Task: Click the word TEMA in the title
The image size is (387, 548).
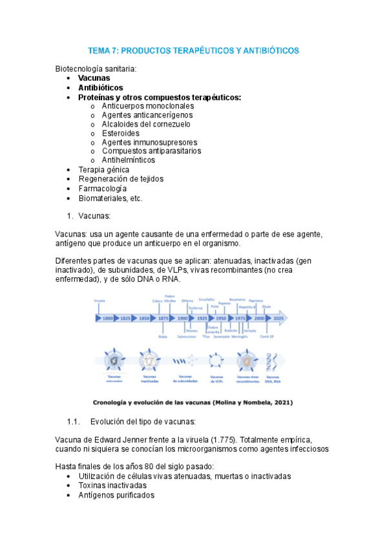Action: [100, 50]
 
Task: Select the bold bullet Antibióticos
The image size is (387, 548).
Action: [100, 87]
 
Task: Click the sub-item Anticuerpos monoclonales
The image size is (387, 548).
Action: [147, 105]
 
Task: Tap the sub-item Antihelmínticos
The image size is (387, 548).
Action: [128, 160]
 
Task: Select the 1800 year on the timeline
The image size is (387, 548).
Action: [108, 319]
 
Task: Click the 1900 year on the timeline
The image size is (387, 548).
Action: [183, 319]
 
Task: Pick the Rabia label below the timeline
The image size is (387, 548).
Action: [162, 337]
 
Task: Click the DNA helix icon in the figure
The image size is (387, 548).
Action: [273, 360]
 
